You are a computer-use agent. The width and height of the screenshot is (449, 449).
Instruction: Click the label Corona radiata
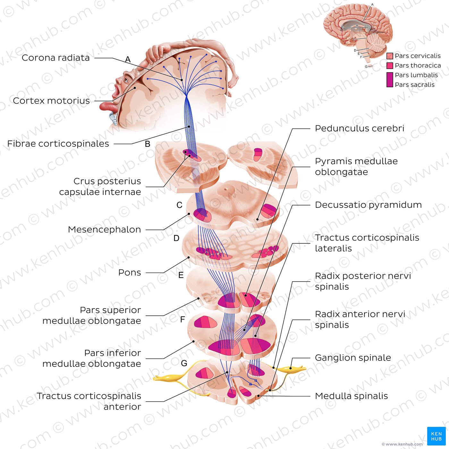click(x=55, y=58)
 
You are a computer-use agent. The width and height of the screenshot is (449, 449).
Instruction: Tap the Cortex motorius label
click(x=51, y=101)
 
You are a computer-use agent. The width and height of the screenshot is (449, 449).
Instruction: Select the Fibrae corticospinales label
click(x=58, y=144)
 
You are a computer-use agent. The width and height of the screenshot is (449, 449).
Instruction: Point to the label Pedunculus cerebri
click(x=359, y=128)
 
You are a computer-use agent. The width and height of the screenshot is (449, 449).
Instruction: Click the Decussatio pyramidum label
click(x=368, y=205)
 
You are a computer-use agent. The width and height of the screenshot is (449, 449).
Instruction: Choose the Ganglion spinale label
click(x=353, y=358)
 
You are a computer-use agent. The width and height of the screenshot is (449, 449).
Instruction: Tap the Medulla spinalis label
click(x=351, y=396)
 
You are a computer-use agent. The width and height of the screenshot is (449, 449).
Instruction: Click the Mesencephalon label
click(x=104, y=230)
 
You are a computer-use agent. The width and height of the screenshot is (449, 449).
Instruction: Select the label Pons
click(x=130, y=273)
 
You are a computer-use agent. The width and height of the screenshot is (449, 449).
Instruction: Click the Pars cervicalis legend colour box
click(x=390, y=56)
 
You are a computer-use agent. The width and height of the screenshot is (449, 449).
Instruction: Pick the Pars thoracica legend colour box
click(x=390, y=66)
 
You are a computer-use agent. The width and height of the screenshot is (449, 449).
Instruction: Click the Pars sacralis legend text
click(x=414, y=85)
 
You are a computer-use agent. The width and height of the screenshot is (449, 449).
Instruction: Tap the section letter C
click(x=179, y=205)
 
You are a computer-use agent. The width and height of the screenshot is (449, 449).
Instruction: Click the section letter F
click(x=182, y=319)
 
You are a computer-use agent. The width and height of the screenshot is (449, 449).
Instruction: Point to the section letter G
click(x=184, y=363)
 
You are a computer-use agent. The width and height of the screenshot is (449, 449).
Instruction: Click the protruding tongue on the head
click(x=107, y=106)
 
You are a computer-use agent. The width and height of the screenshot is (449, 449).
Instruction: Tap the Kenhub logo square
click(x=436, y=436)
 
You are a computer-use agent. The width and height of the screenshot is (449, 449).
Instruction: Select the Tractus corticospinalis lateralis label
click(x=367, y=243)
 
